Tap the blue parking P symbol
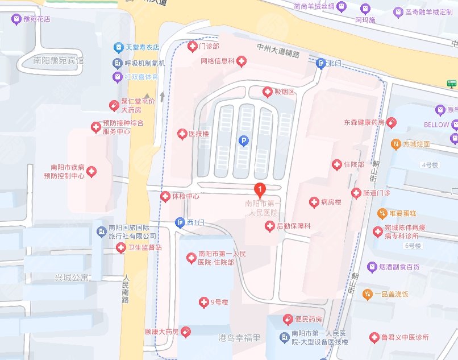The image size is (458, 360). (x=244, y=139)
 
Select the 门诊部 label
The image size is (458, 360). (x=208, y=45)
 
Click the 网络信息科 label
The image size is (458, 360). (x=217, y=60)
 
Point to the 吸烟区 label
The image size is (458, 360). (x=284, y=92)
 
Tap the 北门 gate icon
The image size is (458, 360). (x=321, y=63)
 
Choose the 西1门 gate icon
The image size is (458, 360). (x=180, y=222)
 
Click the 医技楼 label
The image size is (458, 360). (x=199, y=134)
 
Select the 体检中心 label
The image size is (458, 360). (x=185, y=197)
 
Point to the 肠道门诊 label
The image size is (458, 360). (x=376, y=193)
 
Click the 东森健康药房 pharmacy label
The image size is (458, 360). (x=364, y=122)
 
